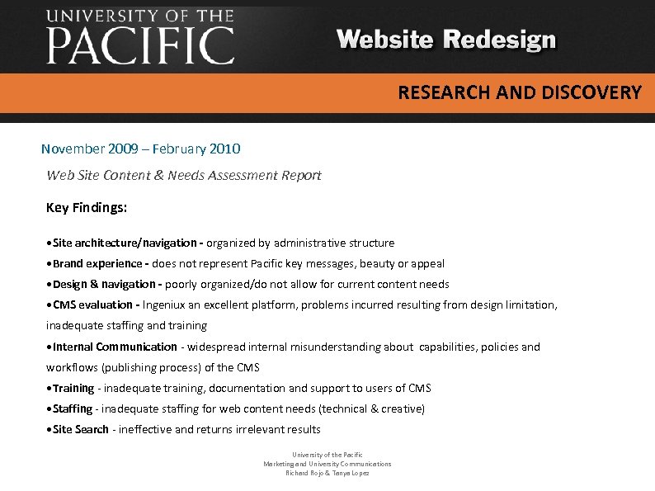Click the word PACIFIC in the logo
(140, 45)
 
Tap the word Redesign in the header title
(500, 40)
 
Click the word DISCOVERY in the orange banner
(591, 92)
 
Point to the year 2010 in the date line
(225, 149)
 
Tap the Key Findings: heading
(87, 208)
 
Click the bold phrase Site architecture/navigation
(124, 243)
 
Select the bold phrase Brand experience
(97, 264)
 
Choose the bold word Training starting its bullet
(73, 389)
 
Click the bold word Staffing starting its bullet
(73, 409)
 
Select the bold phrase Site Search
(81, 430)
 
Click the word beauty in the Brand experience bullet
(374, 264)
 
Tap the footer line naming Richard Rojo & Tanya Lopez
(327, 473)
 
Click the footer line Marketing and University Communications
(327, 464)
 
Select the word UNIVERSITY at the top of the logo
(104, 16)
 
